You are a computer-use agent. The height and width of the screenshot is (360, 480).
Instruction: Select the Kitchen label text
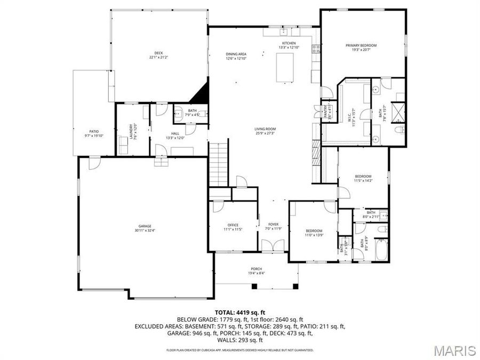click(289, 45)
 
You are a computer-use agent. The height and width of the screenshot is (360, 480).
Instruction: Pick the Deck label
click(158, 55)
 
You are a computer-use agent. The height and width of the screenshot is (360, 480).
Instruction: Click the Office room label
click(233, 227)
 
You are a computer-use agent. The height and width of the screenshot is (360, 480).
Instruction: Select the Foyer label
click(273, 227)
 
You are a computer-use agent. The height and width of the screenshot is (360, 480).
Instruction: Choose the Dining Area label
click(236, 56)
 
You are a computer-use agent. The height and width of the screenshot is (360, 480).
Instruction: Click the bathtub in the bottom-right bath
click(381, 250)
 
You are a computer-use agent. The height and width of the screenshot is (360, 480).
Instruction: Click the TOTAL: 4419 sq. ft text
click(239, 313)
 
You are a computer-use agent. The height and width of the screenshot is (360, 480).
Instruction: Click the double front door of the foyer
click(273, 246)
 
